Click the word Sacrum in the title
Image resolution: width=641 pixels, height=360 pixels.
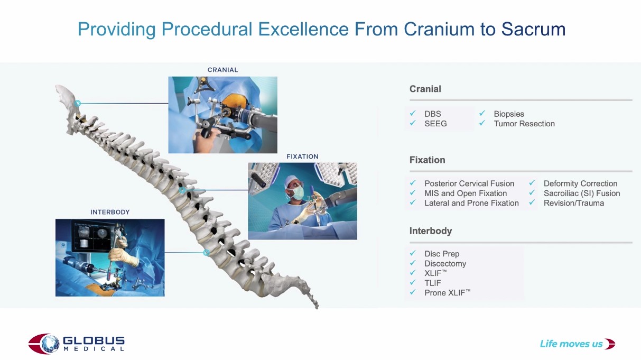[533, 29]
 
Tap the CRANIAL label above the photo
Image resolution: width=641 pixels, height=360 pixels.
[222, 70]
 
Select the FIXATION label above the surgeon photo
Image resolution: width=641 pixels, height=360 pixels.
[302, 156]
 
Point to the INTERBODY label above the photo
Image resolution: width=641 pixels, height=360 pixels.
[110, 212]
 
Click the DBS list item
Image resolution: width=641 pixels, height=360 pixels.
[433, 114]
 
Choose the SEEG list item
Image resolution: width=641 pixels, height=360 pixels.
[435, 124]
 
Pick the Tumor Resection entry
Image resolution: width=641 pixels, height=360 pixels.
[524, 124]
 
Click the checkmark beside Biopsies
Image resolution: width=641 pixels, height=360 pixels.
[482, 113]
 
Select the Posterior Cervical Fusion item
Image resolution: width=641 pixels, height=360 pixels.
[469, 183]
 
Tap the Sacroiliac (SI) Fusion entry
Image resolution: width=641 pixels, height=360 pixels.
[582, 193]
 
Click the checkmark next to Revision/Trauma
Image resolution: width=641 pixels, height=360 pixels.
[532, 202]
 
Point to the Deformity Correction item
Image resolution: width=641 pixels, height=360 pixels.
[580, 183]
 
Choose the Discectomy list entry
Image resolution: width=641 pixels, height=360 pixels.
[445, 264]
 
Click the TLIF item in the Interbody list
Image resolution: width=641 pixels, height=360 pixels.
[433, 283]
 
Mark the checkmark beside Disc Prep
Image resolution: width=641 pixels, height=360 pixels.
[413, 253]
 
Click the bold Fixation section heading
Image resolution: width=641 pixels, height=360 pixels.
[427, 160]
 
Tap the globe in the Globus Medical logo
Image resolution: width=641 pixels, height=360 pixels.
[50, 344]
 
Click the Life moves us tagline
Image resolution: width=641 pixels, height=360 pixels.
[571, 344]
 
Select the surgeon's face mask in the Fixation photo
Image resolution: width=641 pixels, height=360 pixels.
[298, 193]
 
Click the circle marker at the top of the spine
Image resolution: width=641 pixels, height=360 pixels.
[78, 103]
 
